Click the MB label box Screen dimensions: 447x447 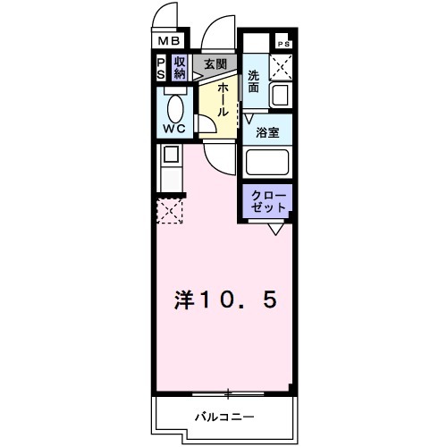point(170,40)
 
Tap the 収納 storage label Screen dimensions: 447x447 point(180,68)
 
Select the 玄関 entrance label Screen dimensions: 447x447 point(215,63)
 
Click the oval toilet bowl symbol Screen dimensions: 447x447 point(175,108)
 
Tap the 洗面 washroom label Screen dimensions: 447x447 point(254,82)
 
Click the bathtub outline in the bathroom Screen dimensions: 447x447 point(268,164)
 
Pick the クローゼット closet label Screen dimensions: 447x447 point(267,200)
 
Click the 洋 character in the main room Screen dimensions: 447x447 point(182,299)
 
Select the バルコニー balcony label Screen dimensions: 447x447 point(224,416)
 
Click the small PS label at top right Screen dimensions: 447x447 point(283,44)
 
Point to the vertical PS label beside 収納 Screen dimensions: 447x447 point(161,68)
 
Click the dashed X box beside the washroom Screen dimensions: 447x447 point(283,65)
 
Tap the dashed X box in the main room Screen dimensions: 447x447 point(170,212)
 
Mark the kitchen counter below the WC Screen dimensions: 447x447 point(170,166)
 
